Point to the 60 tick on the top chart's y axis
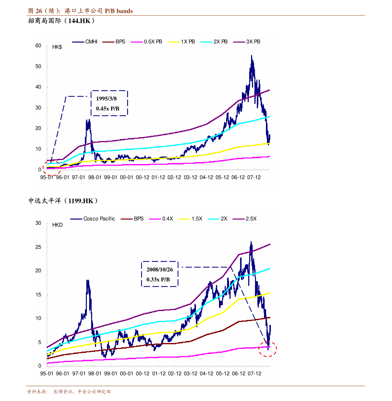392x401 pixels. click(39, 46)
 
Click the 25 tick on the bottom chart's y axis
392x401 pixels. click(39, 247)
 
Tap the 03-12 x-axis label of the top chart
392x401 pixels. click(190, 177)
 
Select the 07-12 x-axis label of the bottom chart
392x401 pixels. click(254, 374)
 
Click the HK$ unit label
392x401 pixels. click(57, 47)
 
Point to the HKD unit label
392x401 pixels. click(57, 225)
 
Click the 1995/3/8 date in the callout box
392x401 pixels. click(106, 99)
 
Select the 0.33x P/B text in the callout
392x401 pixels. click(158, 279)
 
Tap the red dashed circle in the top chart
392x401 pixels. click(52, 168)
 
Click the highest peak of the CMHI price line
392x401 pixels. click(251, 56)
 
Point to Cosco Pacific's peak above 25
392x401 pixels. click(251, 242)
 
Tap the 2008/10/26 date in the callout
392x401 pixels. click(160, 270)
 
